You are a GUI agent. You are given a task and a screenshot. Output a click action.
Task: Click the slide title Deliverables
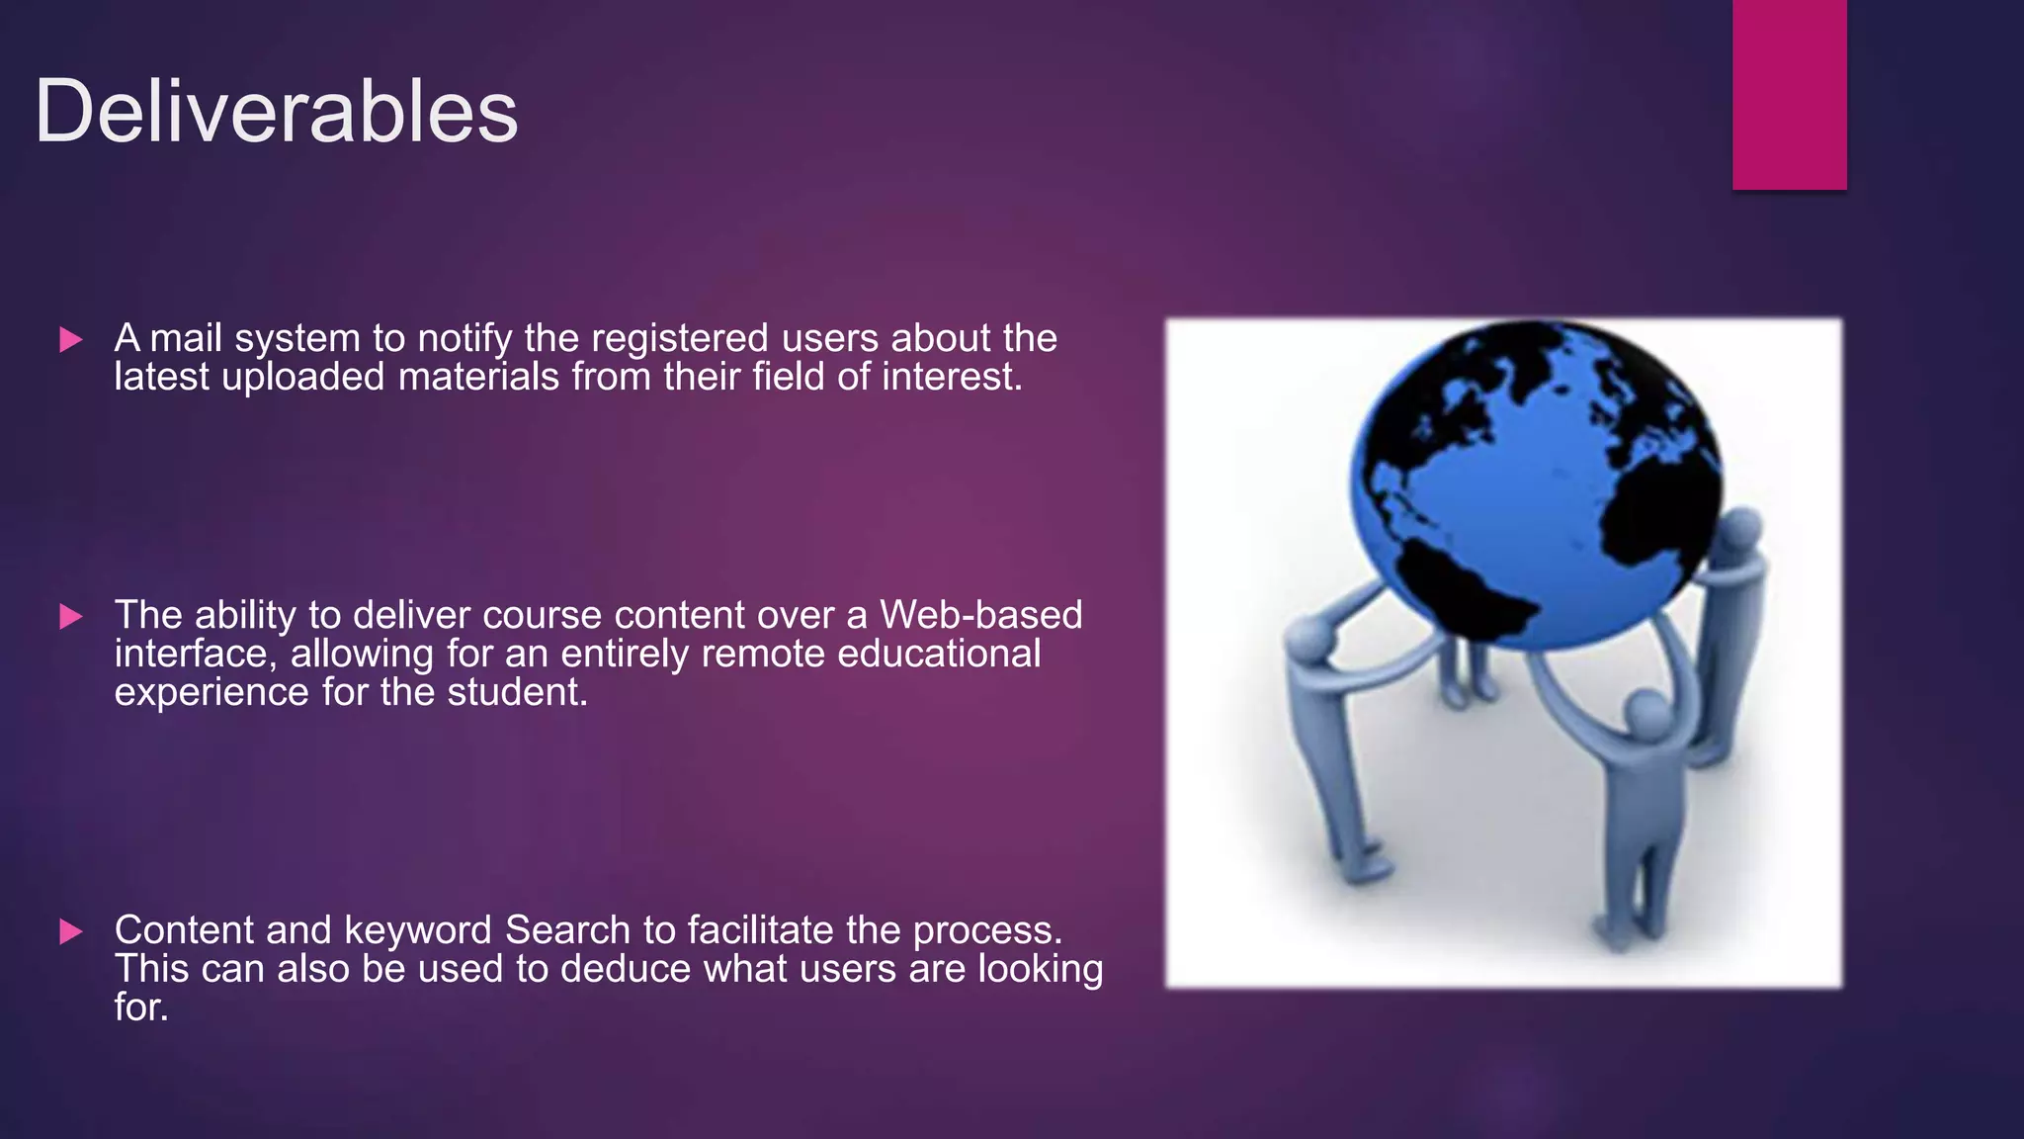pos(276,111)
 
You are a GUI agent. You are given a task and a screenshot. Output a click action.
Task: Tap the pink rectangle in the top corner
pos(1789,94)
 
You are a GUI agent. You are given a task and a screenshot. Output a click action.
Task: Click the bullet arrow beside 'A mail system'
pos(70,340)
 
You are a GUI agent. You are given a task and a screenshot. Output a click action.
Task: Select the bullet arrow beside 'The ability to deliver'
pos(70,617)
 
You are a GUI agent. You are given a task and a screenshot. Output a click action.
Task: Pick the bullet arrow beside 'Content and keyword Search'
pos(70,931)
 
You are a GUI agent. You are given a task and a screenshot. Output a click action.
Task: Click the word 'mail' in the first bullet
pos(186,338)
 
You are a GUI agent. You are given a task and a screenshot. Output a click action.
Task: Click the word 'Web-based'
pos(980,615)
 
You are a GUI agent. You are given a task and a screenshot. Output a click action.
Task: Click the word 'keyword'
pos(418,930)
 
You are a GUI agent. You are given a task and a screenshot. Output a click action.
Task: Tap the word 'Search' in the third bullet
pos(567,930)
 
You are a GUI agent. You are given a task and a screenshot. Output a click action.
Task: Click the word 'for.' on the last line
pos(141,1008)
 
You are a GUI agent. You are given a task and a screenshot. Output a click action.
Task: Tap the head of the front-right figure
pos(1646,710)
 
